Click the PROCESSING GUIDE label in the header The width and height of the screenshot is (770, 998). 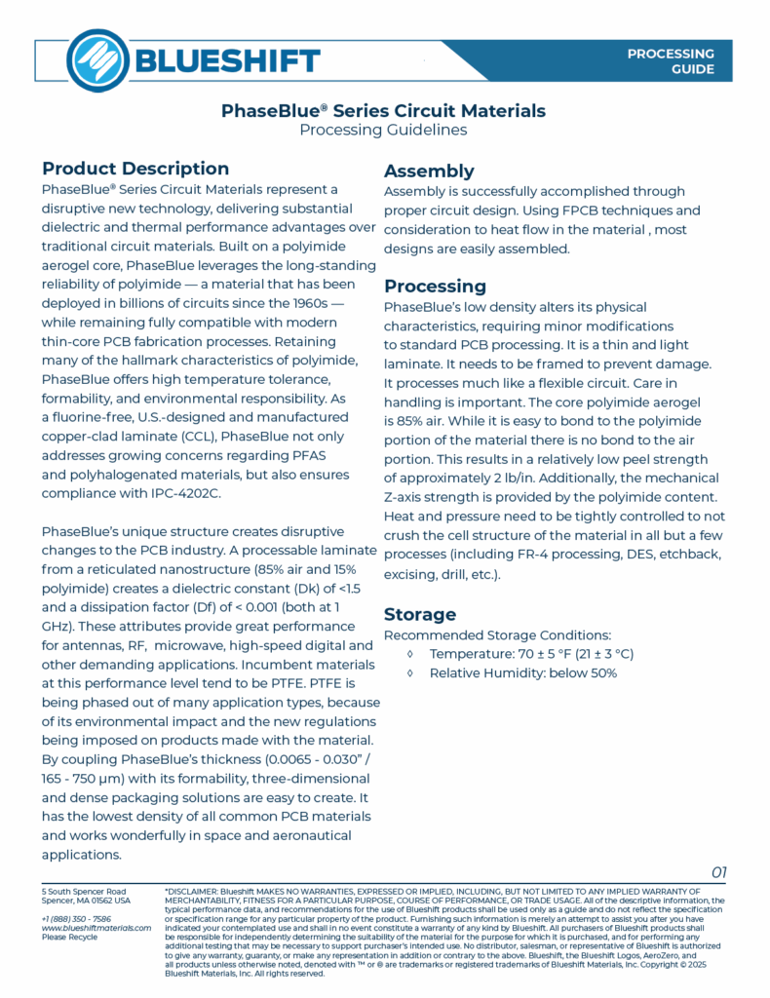click(670, 61)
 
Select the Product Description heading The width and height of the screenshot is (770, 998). click(135, 169)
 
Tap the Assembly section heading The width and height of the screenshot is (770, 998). click(429, 171)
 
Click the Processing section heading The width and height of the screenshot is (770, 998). click(435, 286)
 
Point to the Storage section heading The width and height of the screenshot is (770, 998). click(420, 614)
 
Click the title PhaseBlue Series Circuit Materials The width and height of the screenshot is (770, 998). click(383, 110)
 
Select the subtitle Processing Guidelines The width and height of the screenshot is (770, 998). click(383, 130)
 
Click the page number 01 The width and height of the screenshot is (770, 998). click(718, 871)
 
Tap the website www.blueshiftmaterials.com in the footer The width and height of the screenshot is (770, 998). click(96, 928)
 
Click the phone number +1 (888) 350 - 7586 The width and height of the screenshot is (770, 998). click(76, 918)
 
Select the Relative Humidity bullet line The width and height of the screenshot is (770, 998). click(522, 673)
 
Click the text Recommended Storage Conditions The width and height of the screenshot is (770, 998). click(497, 634)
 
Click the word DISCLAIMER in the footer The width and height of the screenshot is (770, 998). click(192, 891)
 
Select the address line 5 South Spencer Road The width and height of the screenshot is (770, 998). click(84, 891)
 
